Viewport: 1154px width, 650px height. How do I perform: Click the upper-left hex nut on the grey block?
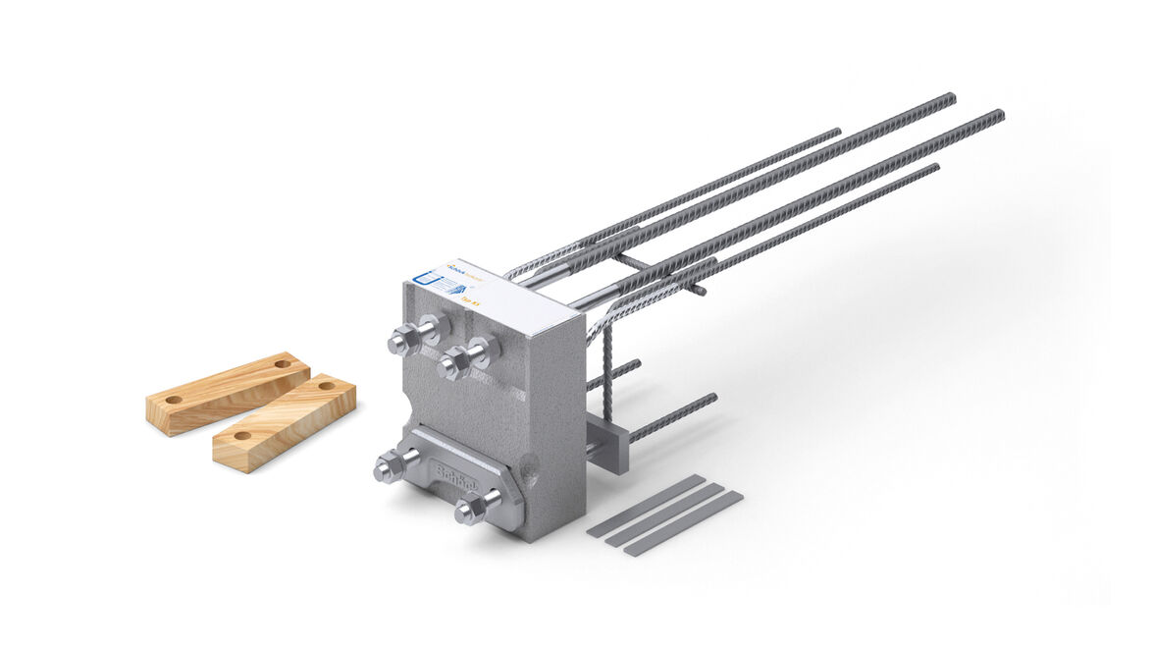pos(401,343)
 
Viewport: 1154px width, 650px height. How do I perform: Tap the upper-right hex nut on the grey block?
pos(454,364)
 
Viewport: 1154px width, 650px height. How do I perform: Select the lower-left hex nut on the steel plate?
pos(387,469)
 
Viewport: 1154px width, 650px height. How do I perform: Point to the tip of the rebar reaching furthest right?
pos(1000,115)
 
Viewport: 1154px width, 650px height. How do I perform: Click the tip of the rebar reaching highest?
pos(951,96)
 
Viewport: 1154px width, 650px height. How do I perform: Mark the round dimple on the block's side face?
pos(532,480)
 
